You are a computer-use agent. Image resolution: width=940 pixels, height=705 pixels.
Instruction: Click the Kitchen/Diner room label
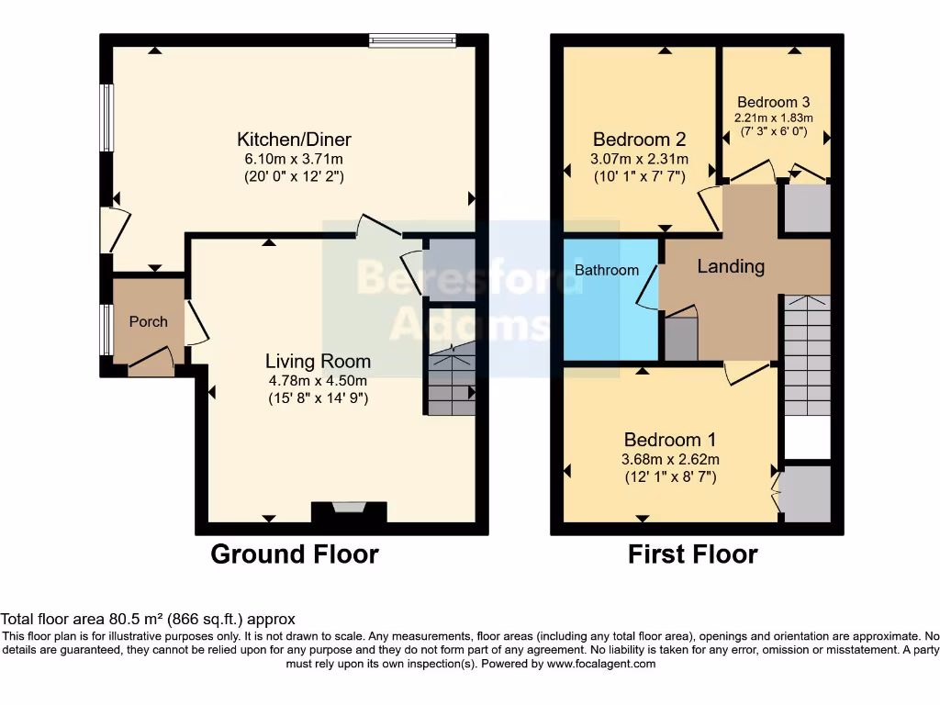[294, 140]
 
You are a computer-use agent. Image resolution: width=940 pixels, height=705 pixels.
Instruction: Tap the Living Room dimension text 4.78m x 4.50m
[318, 381]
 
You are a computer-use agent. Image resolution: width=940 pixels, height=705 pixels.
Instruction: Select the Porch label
[148, 321]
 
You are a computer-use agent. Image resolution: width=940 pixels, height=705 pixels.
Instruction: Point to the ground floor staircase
[451, 381]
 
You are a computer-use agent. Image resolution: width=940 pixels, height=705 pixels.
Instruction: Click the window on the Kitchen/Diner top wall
[412, 39]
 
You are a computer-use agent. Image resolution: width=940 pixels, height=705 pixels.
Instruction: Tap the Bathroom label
[607, 270]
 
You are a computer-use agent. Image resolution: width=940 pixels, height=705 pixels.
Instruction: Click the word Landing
[731, 266]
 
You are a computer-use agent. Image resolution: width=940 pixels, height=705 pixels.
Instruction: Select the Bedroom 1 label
[670, 440]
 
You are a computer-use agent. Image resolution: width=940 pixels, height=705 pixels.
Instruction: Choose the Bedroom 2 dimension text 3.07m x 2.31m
[639, 159]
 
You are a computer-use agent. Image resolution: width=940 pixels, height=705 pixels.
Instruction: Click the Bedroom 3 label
[773, 102]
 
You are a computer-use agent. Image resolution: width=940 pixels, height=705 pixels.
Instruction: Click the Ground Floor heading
[295, 554]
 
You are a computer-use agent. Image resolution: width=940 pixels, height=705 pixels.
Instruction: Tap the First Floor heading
[693, 554]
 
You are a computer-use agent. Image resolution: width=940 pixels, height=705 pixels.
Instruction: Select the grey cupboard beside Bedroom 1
[806, 494]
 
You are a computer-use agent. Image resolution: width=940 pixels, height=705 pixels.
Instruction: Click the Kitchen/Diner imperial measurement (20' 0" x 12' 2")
[294, 176]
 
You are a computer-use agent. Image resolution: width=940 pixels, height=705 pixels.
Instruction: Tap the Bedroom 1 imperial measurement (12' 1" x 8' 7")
[670, 477]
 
